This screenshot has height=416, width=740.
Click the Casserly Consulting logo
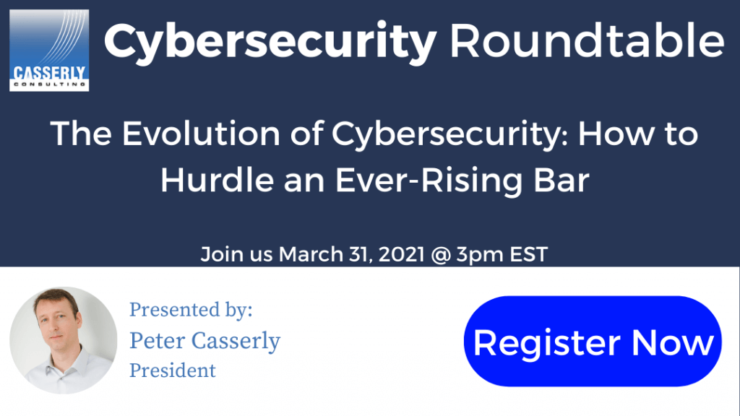(49, 50)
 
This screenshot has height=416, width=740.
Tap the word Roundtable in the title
(587, 40)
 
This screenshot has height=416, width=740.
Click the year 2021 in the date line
(401, 254)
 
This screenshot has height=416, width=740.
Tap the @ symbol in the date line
(440, 255)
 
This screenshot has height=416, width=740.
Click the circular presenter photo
(64, 340)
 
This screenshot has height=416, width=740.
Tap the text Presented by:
(191, 310)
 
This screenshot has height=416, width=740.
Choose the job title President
(173, 370)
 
